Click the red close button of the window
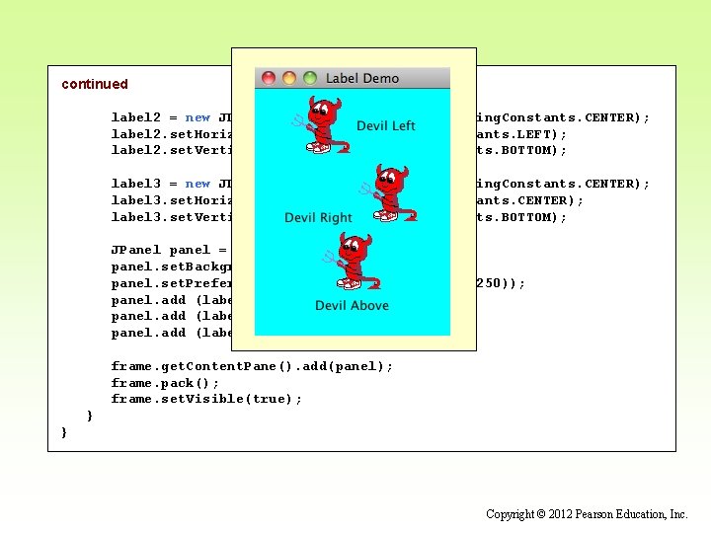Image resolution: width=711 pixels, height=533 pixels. [269, 78]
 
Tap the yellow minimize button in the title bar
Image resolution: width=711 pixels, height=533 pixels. [289, 78]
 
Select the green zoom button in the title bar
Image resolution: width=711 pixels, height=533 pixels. [310, 78]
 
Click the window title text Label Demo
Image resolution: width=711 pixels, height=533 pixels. [362, 78]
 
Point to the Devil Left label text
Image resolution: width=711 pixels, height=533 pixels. [386, 125]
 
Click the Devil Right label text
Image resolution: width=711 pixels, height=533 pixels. [318, 217]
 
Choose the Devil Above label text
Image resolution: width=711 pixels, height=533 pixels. [352, 306]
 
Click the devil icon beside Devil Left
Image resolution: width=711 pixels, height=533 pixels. [320, 125]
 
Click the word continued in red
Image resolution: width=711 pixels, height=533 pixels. [95, 84]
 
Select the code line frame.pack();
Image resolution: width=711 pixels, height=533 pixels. [166, 383]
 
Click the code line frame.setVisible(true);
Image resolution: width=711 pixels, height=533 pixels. [206, 399]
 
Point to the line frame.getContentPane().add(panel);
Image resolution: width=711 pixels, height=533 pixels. [252, 366]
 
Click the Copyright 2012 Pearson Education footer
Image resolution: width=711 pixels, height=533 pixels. [587, 514]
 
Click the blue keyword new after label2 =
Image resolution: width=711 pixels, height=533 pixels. [197, 117]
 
